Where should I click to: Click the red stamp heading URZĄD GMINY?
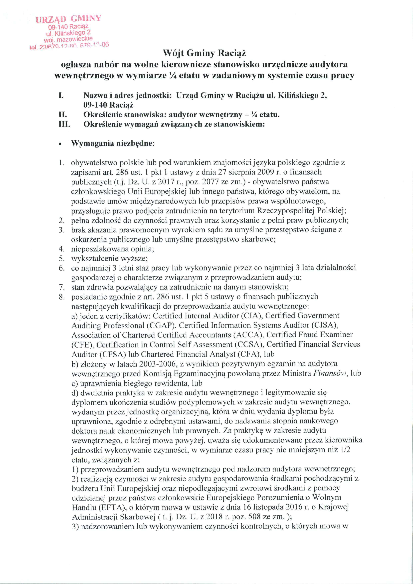(x=68, y=19)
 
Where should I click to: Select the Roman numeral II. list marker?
(x=63, y=115)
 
